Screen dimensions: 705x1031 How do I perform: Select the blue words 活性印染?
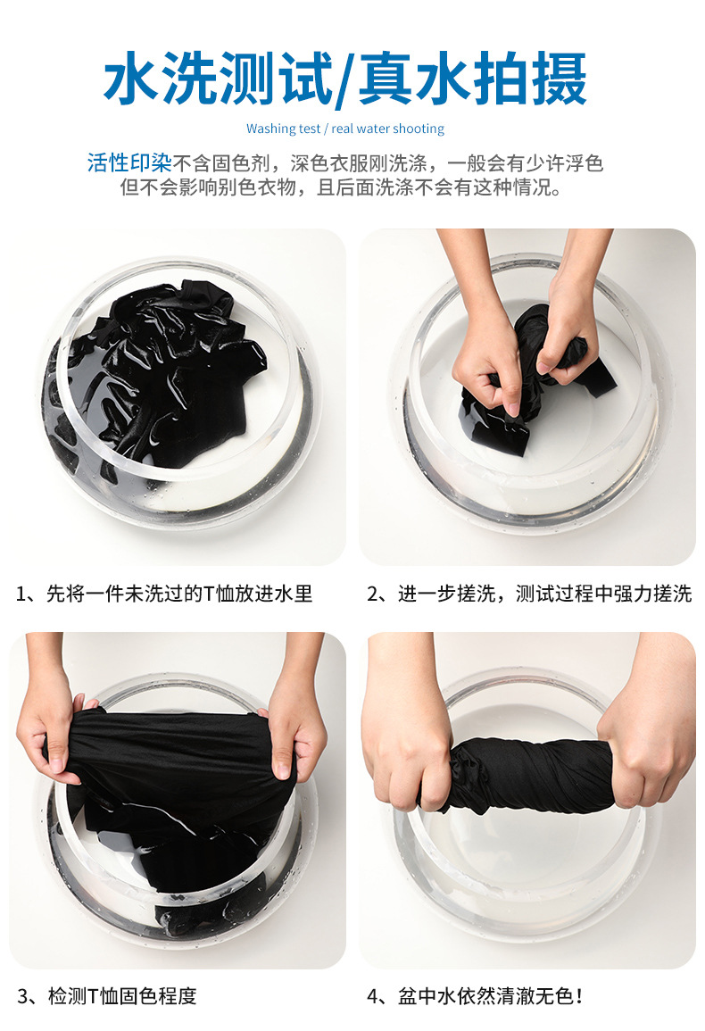pyautogui.click(x=129, y=162)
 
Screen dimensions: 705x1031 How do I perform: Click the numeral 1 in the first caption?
pyautogui.click(x=21, y=594)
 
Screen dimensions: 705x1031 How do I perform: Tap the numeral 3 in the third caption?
pyautogui.click(x=24, y=996)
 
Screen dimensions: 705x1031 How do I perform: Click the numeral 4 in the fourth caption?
pyautogui.click(x=374, y=996)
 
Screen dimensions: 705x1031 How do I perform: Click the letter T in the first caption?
pyautogui.click(x=209, y=594)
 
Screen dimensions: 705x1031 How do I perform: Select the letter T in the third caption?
pyautogui.click(x=92, y=996)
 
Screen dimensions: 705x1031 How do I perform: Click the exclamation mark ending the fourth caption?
pyautogui.click(x=579, y=996)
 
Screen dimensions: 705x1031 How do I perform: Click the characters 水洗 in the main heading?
pyautogui.click(x=160, y=79)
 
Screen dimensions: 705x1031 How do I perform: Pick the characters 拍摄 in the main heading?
pyautogui.click(x=529, y=79)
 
